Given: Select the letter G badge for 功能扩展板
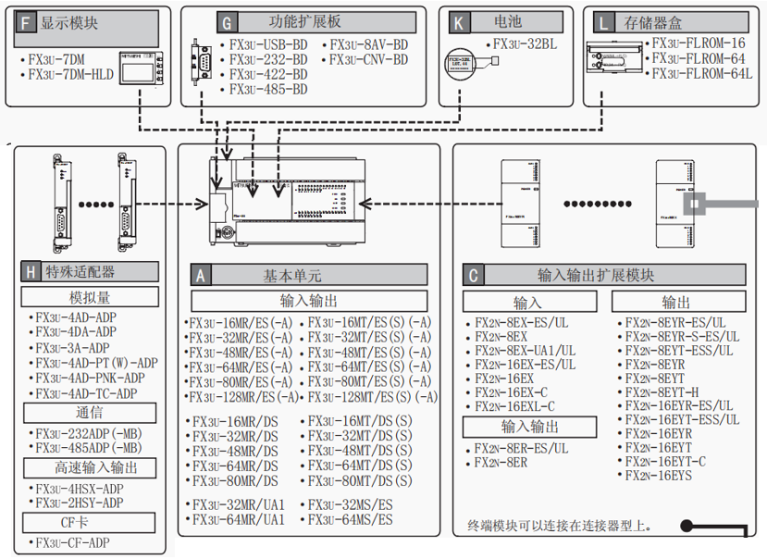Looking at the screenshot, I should point(228,19).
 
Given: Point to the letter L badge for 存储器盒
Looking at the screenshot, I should point(604,19).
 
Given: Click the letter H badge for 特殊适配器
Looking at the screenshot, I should point(32,271).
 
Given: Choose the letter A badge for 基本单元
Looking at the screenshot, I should point(201,275).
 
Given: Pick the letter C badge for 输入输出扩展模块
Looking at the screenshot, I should point(475,275).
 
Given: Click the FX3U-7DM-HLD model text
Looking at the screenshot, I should point(70,74).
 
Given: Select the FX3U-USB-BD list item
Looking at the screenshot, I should point(268,44).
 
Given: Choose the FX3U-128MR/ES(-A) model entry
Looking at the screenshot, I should point(243,396).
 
